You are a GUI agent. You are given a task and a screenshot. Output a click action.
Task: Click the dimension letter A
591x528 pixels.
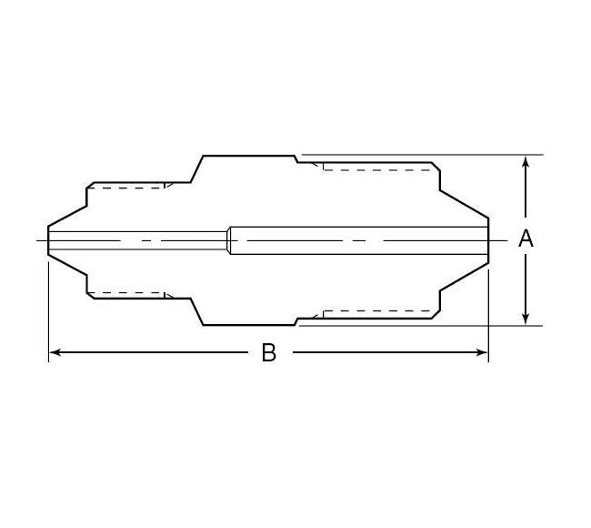526,239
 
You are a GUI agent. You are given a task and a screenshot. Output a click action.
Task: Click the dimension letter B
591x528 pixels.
268,353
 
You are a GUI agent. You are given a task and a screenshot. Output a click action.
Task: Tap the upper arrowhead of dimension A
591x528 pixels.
526,161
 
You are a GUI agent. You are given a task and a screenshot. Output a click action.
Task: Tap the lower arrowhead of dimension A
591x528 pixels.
526,319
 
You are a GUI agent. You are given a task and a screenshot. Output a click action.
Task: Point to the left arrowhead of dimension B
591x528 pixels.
54,352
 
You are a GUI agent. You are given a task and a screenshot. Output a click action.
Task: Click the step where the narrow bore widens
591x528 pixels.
228,239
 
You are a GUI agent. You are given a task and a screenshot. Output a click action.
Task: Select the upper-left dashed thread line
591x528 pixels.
127,187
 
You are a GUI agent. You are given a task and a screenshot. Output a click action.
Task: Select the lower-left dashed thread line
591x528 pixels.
127,293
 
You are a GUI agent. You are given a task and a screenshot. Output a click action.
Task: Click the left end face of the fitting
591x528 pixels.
48,239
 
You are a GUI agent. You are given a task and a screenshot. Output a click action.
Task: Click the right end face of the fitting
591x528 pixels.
489,239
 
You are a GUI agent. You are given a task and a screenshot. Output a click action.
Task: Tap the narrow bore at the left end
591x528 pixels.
136,239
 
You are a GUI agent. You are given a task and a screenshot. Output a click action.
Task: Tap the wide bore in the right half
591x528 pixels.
364,239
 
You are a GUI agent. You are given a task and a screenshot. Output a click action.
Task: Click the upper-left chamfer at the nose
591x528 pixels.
67,204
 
